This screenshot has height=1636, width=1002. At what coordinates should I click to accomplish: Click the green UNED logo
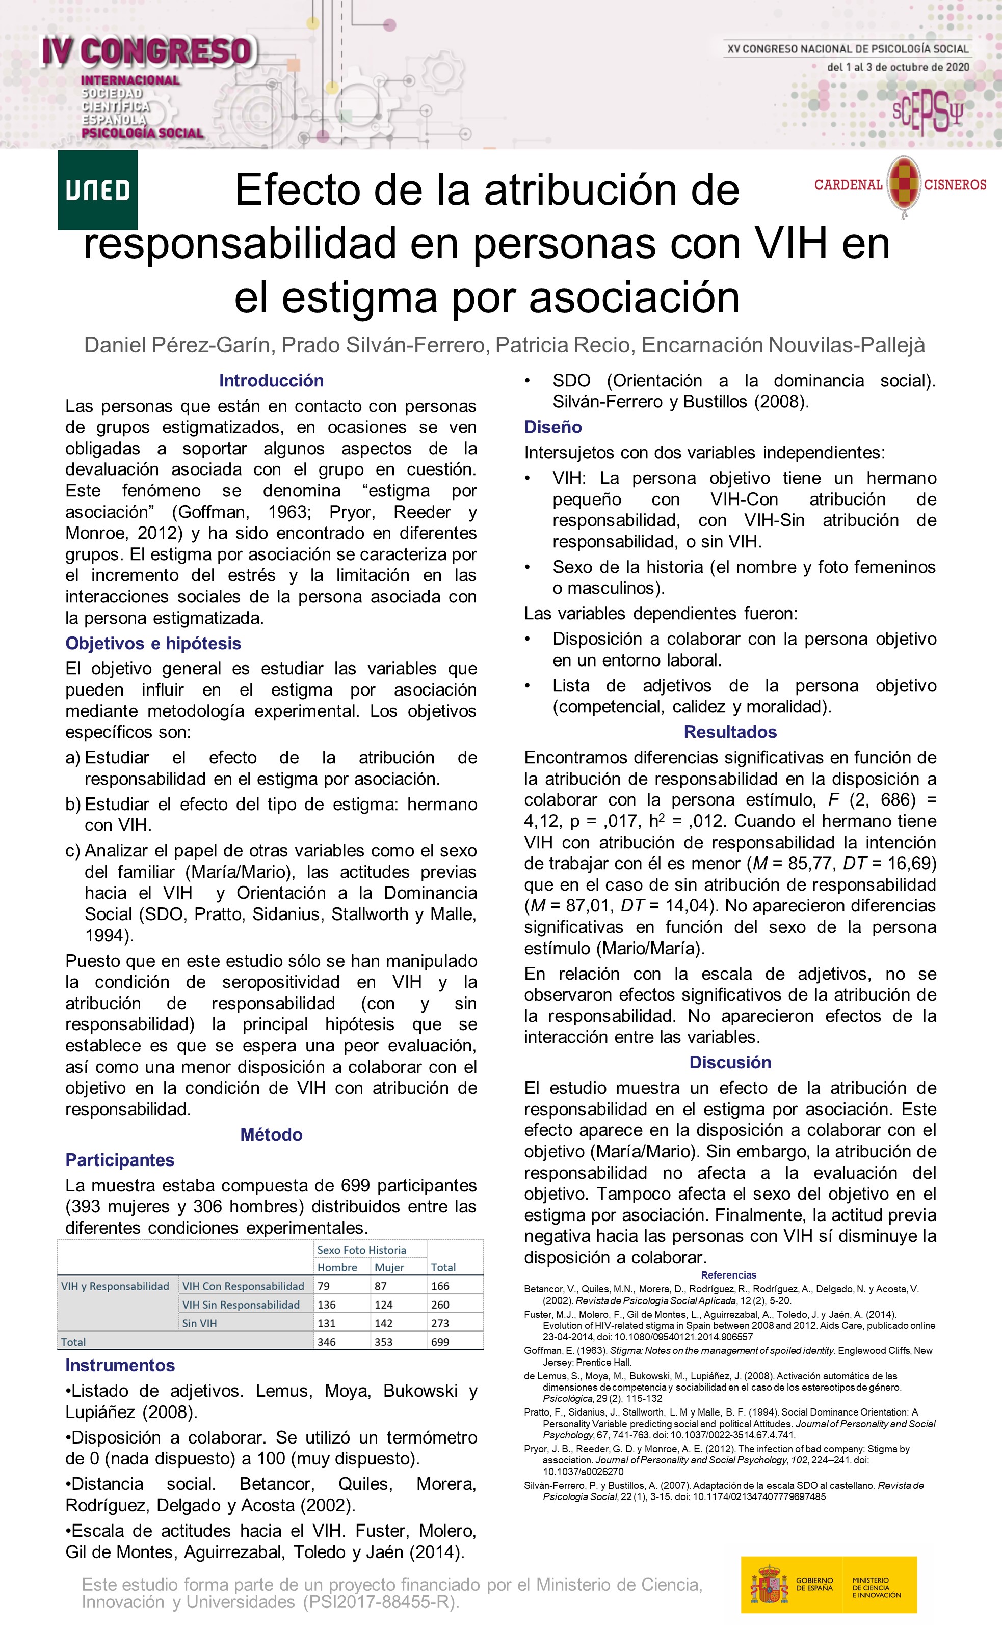[98, 190]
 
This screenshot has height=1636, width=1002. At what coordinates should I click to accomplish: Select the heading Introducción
[271, 380]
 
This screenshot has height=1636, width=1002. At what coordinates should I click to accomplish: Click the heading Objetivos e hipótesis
[153, 644]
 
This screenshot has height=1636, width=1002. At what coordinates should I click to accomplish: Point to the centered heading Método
[271, 1134]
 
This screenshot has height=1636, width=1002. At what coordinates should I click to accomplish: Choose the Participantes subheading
[120, 1160]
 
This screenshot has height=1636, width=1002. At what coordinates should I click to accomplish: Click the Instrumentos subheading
[120, 1365]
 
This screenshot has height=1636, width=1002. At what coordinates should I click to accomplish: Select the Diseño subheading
[553, 427]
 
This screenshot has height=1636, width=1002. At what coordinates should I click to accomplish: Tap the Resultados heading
[730, 732]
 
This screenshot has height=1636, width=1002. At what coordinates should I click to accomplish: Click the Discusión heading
[730, 1062]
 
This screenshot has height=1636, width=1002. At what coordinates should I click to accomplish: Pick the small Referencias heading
[729, 1275]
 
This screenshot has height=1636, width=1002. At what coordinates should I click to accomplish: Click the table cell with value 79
[324, 1286]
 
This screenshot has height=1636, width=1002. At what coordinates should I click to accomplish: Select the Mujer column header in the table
[389, 1267]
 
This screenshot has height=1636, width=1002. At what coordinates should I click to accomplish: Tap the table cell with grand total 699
[440, 1342]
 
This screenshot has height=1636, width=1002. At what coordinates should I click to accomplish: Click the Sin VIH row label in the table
[199, 1323]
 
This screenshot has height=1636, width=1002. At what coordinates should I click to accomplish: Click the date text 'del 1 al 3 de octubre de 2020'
[898, 67]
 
